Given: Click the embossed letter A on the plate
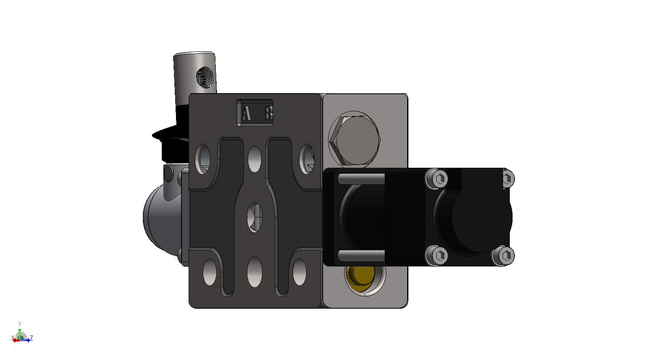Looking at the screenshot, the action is [246, 113].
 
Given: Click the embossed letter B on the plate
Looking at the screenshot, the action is [269, 113].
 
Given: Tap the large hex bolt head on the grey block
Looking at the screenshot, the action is [354, 140].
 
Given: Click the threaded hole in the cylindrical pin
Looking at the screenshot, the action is [205, 77].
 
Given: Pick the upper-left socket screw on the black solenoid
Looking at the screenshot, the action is [436, 178].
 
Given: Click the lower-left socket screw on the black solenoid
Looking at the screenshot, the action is [436, 255].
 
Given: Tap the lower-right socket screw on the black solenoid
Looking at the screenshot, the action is [503, 256].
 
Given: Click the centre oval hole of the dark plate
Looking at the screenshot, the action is [254, 217].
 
